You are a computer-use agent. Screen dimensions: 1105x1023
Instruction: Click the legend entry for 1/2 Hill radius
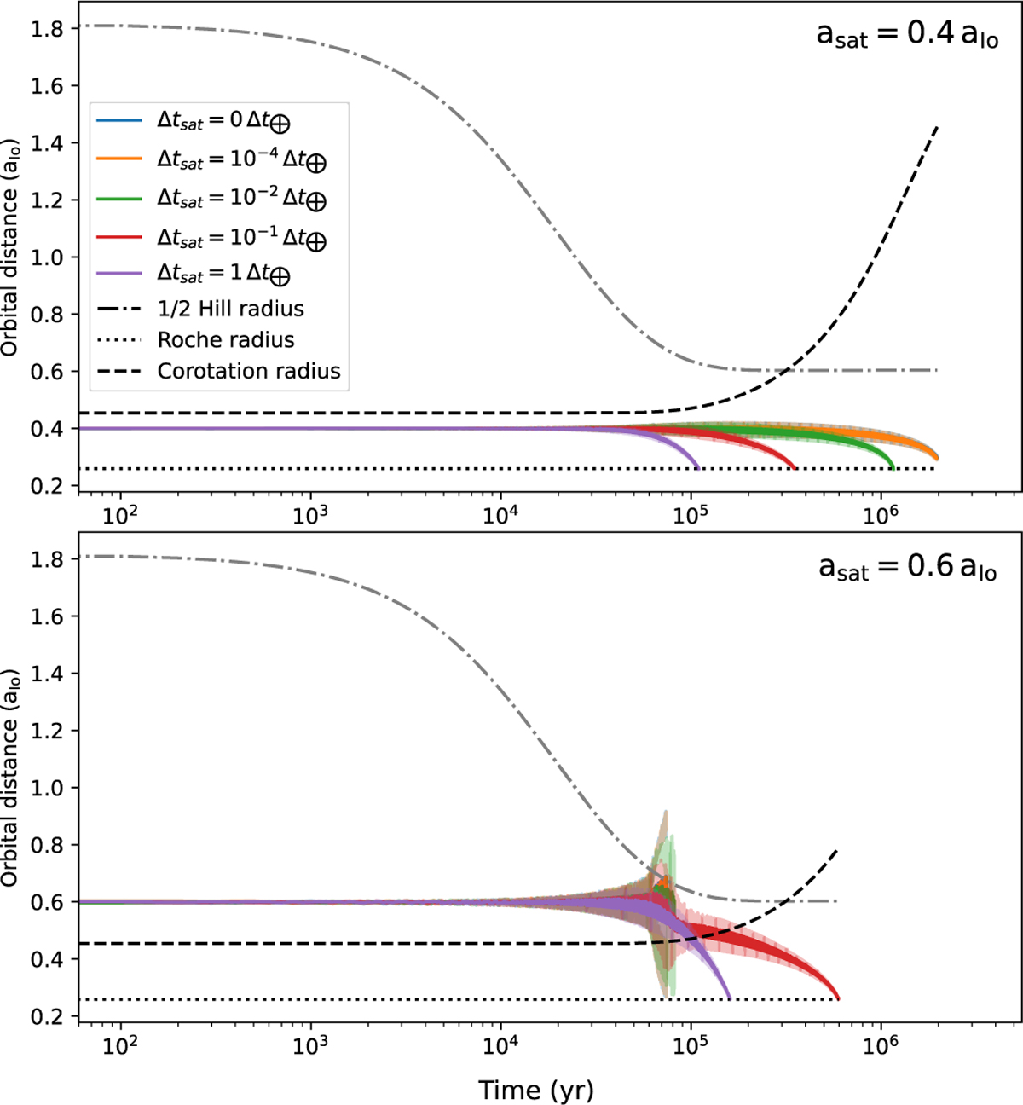230,309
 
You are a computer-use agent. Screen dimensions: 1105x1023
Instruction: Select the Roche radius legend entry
226,340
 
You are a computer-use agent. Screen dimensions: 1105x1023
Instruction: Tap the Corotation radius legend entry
249,372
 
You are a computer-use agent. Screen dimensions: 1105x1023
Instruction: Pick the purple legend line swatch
119,274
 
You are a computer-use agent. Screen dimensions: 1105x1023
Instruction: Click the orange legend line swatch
119,159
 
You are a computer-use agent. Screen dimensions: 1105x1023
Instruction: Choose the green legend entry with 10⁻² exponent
241,199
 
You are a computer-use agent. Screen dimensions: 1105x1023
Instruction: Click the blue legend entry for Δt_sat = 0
223,121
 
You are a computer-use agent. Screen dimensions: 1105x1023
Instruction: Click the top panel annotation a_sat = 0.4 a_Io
907,35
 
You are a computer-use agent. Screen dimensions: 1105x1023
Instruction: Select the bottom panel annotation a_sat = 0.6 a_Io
907,566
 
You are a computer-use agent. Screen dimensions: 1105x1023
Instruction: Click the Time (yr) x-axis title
535,1090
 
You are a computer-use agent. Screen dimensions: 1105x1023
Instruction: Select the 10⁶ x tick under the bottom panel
880,1046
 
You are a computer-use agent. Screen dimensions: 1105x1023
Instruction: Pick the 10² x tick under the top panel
120,516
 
